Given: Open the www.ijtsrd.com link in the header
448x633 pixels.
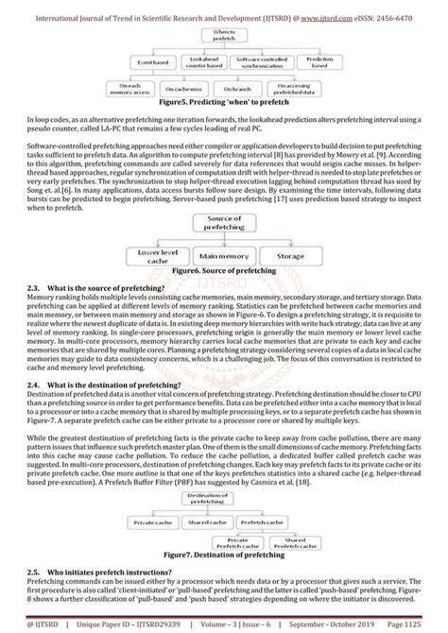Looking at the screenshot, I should click(324, 9).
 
